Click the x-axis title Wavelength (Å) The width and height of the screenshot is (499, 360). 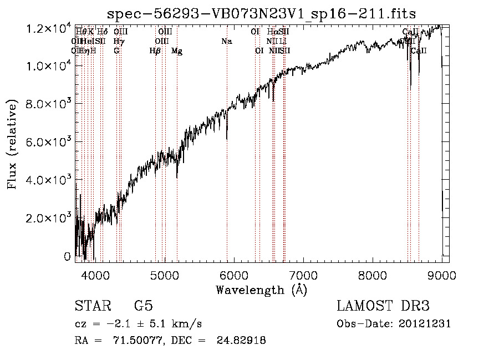tap(261, 290)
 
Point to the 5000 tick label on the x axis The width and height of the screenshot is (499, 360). tap(164, 274)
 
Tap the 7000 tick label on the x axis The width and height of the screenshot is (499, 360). tap(303, 274)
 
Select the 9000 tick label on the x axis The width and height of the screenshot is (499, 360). tap(441, 274)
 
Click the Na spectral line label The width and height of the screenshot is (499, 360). tap(226, 42)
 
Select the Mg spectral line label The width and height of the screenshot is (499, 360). tap(177, 51)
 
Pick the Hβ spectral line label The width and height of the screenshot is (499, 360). tap(155, 51)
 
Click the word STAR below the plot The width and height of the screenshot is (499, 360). tap(91, 306)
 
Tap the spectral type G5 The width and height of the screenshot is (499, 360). tap(143, 306)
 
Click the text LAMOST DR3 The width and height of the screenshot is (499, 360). tap(383, 306)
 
